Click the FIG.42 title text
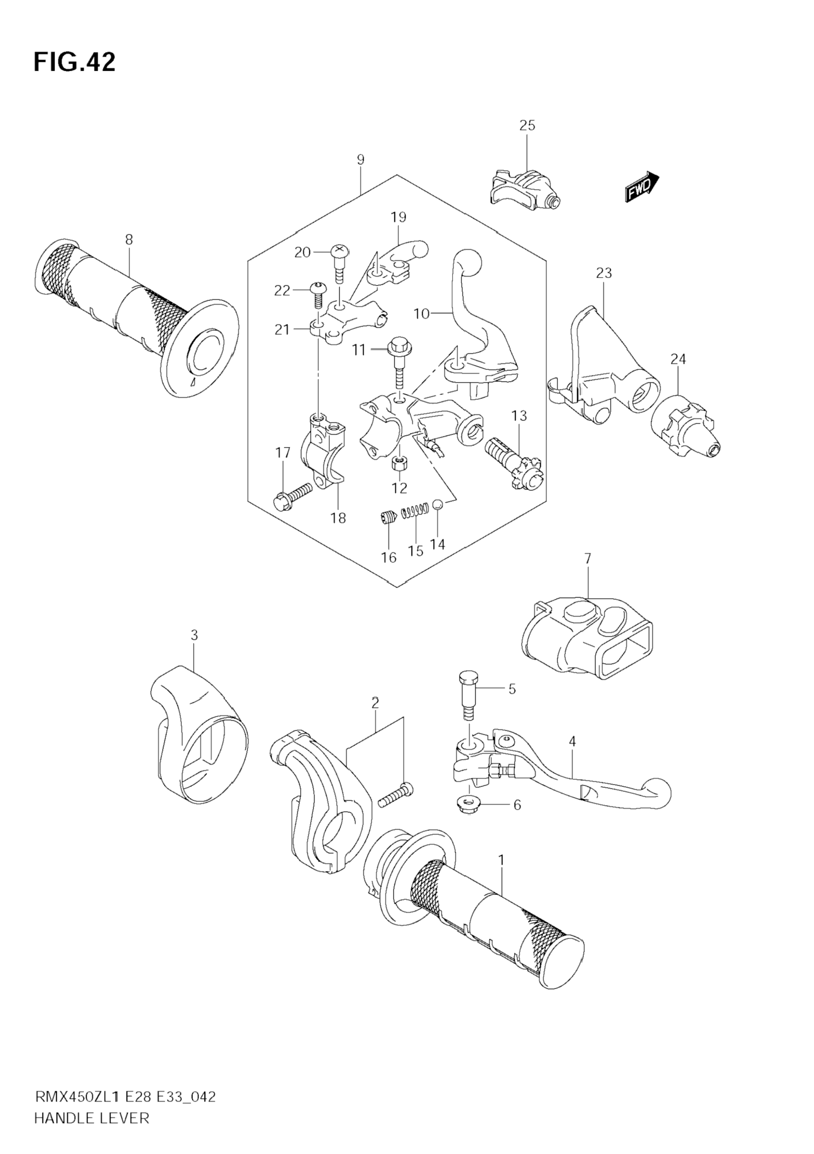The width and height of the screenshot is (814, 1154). pyautogui.click(x=74, y=62)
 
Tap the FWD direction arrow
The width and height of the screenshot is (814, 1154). pyautogui.click(x=642, y=186)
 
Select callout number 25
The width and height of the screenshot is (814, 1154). pyautogui.click(x=527, y=125)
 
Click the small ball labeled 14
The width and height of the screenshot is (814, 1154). pyautogui.click(x=438, y=504)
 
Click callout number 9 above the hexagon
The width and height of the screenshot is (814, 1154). pyautogui.click(x=360, y=160)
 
